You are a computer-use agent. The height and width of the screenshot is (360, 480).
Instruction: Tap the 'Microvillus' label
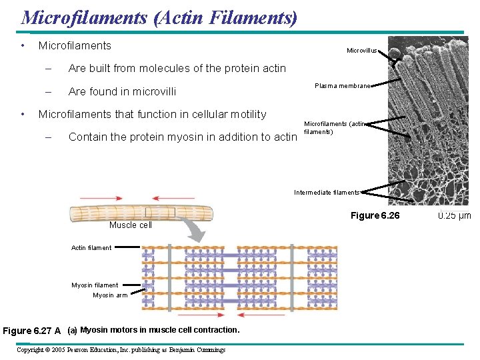(x=362, y=51)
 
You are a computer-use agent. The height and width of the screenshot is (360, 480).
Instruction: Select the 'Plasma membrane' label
(x=342, y=86)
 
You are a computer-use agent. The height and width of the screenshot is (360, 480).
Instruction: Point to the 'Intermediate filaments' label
(x=327, y=193)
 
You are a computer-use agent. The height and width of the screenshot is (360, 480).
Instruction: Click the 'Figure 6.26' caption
(x=375, y=215)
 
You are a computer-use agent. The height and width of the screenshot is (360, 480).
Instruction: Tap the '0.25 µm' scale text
(x=454, y=215)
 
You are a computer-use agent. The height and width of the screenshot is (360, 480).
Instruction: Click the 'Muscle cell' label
(x=131, y=225)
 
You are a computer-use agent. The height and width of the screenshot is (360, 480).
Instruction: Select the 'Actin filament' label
(x=91, y=248)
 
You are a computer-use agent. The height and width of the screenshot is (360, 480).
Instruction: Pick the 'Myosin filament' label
(x=95, y=285)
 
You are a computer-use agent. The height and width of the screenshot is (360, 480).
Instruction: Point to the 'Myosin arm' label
(x=110, y=295)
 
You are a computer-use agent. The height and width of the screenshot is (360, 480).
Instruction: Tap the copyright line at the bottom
(x=121, y=350)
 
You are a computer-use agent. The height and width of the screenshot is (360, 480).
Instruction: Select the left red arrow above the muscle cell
(x=101, y=198)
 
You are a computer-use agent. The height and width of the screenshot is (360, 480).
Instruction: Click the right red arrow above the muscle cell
(x=174, y=198)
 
